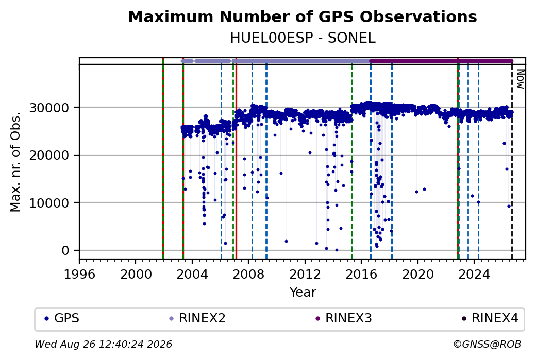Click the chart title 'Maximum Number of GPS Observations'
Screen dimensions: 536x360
point(303,16)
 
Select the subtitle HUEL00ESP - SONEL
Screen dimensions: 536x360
point(303,38)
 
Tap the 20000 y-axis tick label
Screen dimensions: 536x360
point(49,156)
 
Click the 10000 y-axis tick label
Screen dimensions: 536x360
point(49,203)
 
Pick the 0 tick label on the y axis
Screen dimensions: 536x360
point(65,251)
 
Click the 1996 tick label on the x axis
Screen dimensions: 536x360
point(80,275)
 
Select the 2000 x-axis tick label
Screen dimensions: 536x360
point(136,275)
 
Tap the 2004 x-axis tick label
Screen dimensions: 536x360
point(192,275)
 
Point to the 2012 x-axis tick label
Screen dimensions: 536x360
point(305,275)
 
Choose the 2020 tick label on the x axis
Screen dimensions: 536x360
point(418,275)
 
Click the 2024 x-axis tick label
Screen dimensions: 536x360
point(474,275)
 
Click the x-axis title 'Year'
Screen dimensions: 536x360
point(303,293)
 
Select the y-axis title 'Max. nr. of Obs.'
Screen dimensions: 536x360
point(15,162)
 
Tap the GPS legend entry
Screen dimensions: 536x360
point(62,318)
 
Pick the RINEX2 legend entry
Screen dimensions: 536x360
point(197,318)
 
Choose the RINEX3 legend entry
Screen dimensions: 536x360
point(344,318)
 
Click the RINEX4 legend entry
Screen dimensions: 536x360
point(490,318)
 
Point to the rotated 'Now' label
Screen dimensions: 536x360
point(520,79)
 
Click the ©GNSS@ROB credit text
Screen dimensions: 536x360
point(487,344)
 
